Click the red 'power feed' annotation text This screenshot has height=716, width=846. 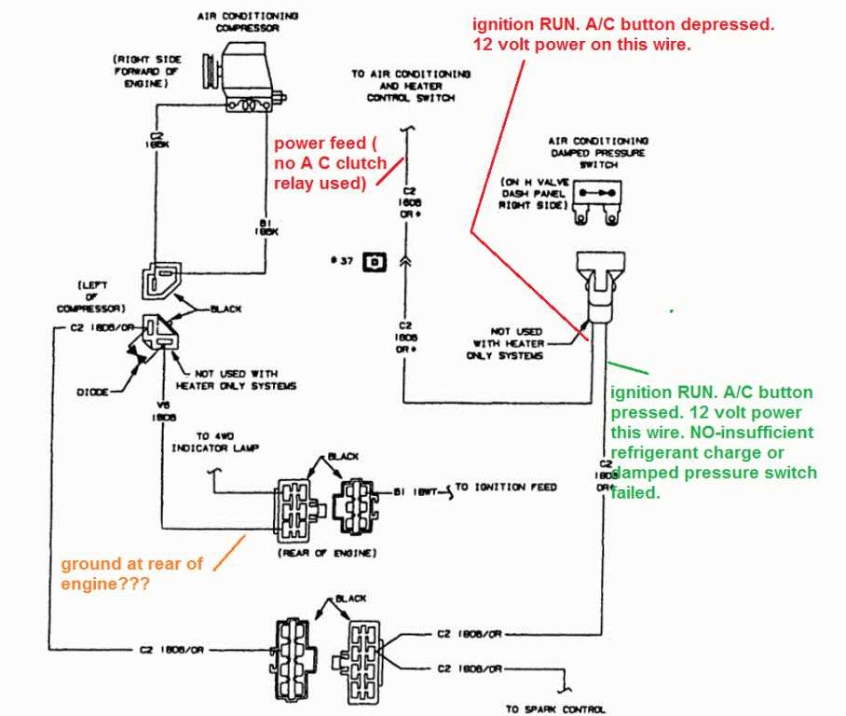click(x=329, y=163)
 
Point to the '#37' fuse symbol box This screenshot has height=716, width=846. click(x=375, y=261)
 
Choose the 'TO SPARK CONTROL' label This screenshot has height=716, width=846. click(x=555, y=709)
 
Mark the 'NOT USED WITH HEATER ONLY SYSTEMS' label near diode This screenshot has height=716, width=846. click(x=235, y=379)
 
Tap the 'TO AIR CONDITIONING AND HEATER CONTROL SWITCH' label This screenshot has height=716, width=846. click(x=411, y=85)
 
